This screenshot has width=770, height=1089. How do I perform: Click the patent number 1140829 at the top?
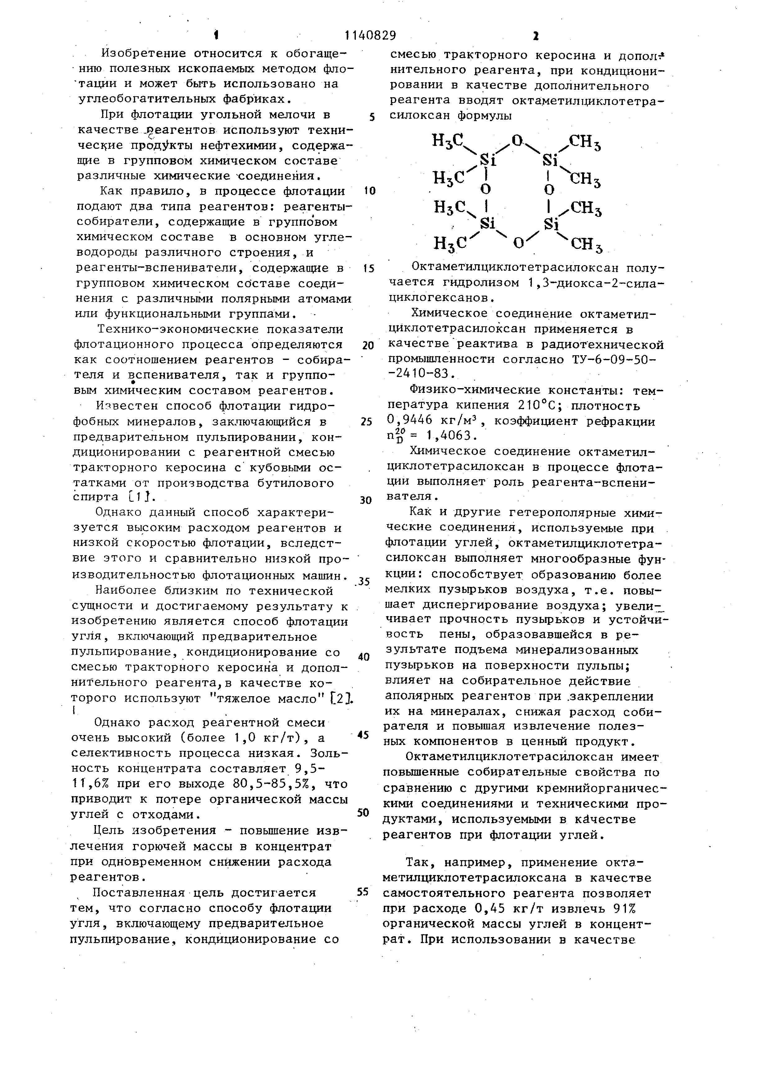(370, 35)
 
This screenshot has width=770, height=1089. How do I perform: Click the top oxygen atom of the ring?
(517, 140)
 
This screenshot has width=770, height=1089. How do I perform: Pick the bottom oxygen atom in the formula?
(519, 243)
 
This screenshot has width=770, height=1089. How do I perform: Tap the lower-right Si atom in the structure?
(551, 223)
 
